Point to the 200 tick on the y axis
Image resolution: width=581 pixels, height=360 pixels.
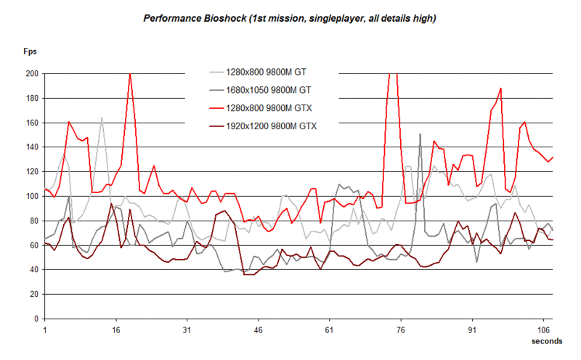coord(31,73)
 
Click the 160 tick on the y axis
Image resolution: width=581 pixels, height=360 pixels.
coord(31,123)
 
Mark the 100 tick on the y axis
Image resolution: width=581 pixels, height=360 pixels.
coord(31,196)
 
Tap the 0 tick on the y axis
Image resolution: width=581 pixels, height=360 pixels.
coord(36,319)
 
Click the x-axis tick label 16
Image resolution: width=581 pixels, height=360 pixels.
coord(116,330)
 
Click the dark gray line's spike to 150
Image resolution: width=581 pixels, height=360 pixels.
coord(420,134)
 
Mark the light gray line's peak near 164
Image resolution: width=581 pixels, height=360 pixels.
coord(102,118)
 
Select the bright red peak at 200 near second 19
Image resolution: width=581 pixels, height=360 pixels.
coord(130,74)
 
